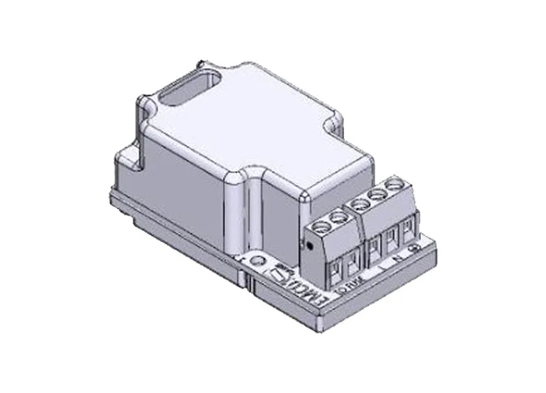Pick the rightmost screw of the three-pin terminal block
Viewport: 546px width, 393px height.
(394, 185)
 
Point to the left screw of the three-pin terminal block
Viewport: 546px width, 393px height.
(360, 204)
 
